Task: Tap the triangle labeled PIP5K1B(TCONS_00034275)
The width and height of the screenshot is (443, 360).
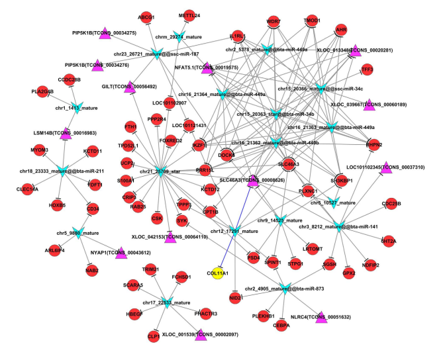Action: [x=103, y=33]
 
